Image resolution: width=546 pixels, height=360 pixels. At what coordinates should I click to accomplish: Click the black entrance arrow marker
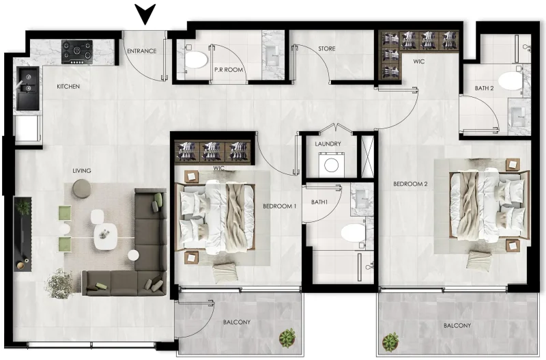click(x=145, y=13)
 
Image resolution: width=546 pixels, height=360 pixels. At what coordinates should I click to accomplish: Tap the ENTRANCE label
click(x=142, y=51)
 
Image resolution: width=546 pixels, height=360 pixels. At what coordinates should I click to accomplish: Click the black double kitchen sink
click(x=29, y=88)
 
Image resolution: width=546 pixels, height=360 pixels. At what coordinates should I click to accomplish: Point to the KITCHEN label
click(x=68, y=87)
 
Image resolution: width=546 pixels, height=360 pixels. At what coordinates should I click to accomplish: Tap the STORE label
click(x=327, y=49)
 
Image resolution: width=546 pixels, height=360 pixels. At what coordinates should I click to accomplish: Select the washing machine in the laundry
click(x=331, y=165)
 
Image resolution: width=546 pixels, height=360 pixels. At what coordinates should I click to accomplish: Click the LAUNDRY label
click(x=328, y=144)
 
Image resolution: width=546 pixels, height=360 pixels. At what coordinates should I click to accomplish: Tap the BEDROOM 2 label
click(x=409, y=184)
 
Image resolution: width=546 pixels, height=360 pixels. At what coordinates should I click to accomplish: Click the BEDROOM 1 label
click(x=279, y=206)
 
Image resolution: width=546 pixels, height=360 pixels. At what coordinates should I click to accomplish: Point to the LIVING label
click(x=82, y=171)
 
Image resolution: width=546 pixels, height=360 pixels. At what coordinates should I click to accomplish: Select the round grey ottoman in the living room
click(x=81, y=188)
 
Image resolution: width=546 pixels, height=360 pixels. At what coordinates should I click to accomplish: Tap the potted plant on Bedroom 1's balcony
click(x=287, y=336)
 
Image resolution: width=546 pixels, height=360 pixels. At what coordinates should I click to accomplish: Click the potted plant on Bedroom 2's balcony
click(x=391, y=340)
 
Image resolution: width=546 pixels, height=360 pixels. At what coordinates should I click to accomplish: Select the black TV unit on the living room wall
click(x=23, y=232)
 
